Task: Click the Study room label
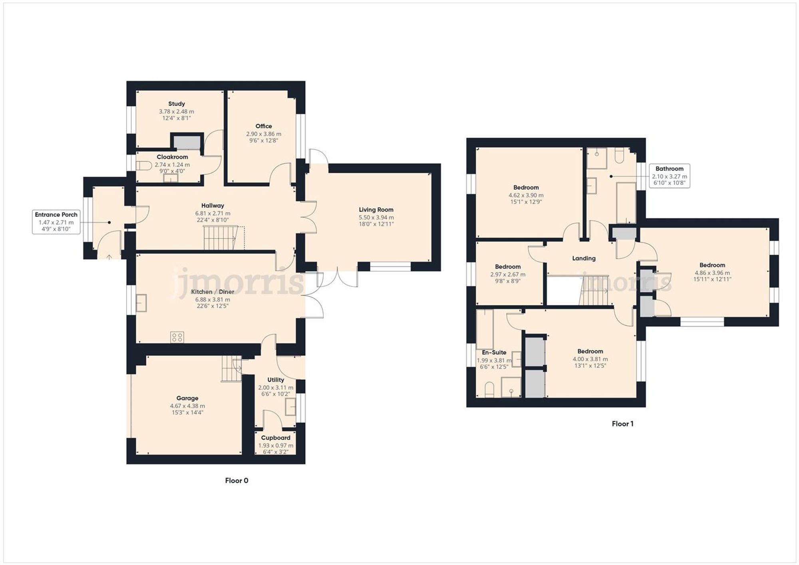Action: pos(176,104)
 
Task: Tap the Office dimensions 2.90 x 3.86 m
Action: pos(263,134)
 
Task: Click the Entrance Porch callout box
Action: pos(56,222)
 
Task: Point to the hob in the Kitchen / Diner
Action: pos(177,337)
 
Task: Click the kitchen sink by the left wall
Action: pos(141,303)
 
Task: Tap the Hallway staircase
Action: pos(220,238)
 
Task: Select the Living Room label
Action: pos(376,210)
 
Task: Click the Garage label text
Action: pos(187,398)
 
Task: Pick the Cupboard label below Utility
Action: pos(276,438)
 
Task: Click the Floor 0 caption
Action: pos(237,480)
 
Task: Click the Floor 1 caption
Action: pos(622,424)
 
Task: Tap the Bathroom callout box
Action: pos(669,176)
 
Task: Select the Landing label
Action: pos(584,258)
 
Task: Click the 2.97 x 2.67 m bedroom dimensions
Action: pos(508,274)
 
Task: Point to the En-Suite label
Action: pos(494,353)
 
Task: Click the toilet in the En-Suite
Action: pos(489,390)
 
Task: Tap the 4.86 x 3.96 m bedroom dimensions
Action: pos(712,273)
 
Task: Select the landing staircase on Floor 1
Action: pos(594,291)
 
